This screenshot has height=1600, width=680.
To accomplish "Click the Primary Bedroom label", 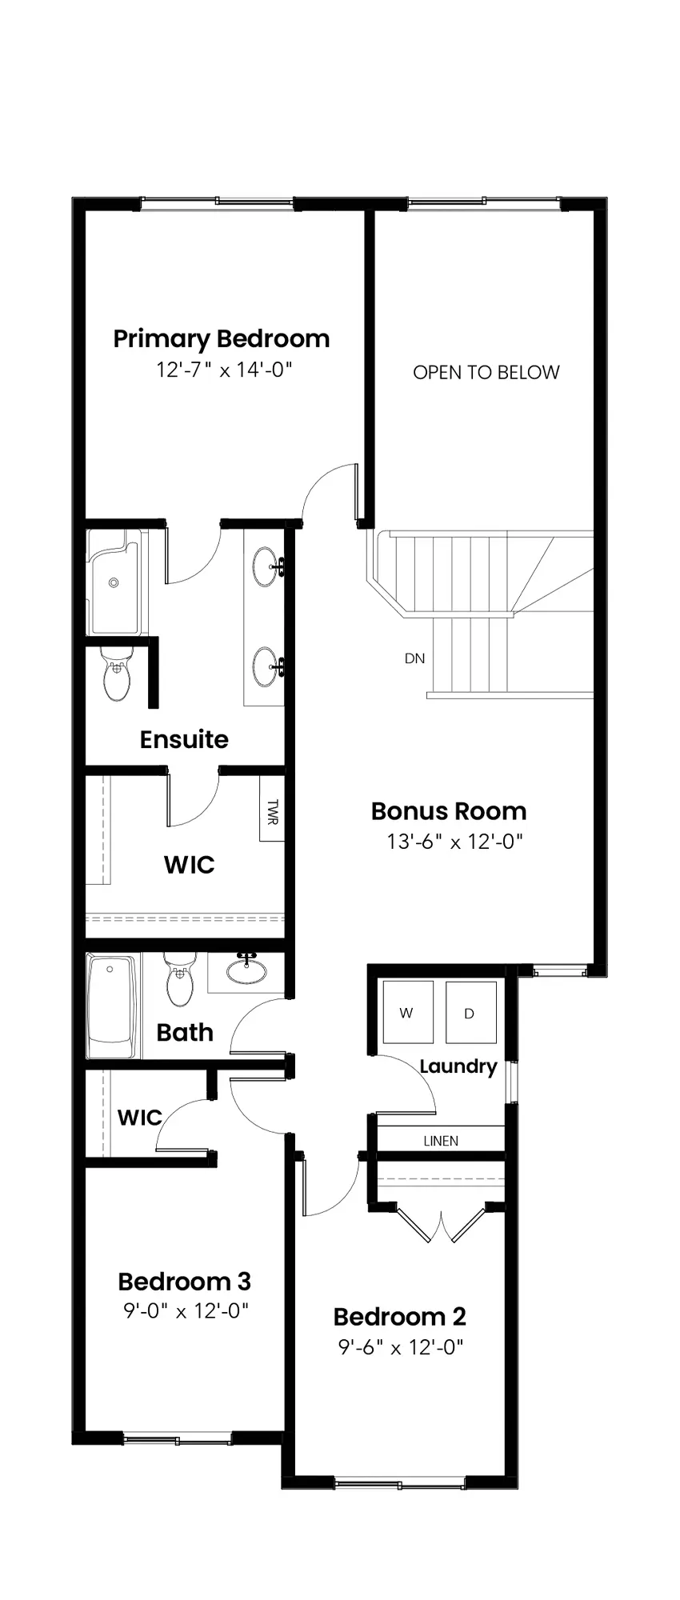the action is point(222,339).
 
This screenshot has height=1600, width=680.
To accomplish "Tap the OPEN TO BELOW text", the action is point(486,372).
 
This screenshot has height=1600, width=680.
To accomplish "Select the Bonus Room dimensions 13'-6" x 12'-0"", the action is point(454,842).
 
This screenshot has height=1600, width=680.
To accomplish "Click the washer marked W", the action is point(407,1012).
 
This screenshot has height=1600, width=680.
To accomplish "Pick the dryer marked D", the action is point(470,1012).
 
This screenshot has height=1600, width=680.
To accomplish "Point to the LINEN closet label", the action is point(441,1141).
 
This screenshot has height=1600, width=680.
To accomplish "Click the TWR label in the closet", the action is point(272,813).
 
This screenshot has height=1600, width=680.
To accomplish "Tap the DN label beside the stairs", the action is point(414,658).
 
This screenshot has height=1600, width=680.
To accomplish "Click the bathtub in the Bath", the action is point(112,1006).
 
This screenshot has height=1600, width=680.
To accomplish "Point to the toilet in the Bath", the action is point(179,981).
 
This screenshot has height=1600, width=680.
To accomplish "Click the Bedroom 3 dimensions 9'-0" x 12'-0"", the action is point(186,1311).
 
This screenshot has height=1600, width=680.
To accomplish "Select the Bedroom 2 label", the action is point(399,1316).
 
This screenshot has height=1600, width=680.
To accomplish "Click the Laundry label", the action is point(458,1066).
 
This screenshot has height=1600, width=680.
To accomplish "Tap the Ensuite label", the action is point(184,739).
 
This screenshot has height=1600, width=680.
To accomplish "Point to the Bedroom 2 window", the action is point(399,1484).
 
